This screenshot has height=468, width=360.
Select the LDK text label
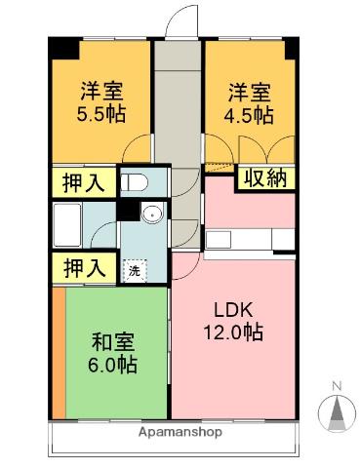[x=234, y=310]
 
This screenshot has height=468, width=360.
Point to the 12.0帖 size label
[x=234, y=331]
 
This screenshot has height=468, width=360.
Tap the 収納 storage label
[x=265, y=178]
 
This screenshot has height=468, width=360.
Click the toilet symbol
[x=135, y=181]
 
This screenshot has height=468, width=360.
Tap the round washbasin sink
[x=151, y=214]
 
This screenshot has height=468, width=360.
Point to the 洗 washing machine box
[x=133, y=270]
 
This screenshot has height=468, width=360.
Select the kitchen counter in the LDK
[x=248, y=239]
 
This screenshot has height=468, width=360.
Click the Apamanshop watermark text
[x=180, y=431]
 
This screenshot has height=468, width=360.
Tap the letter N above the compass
[x=337, y=386]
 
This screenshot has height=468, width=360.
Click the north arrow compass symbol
[x=337, y=414]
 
